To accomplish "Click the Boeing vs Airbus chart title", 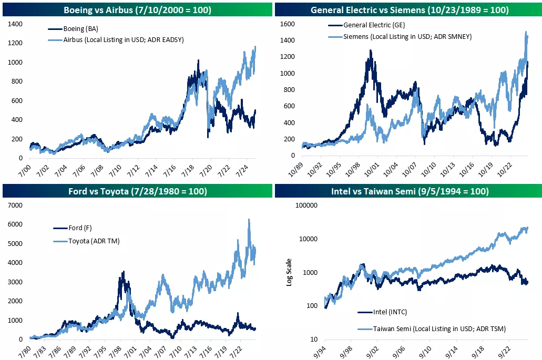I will [137, 9].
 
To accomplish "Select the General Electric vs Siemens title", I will [408, 9].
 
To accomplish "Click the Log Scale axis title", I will [289, 272].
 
